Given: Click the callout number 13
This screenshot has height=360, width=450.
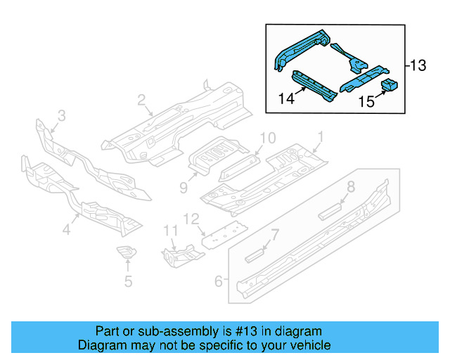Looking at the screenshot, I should tap(418, 66).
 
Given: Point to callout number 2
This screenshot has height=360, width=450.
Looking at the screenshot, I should tap(141, 100).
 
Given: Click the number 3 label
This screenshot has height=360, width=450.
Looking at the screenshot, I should tap(61, 115).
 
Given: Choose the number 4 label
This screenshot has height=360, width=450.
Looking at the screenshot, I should tap(66, 229).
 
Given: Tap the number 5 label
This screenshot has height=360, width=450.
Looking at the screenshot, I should tap(127, 283).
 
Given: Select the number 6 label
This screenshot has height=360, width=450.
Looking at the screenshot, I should tap(219, 281).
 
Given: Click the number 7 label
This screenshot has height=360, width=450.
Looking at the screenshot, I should tap(276, 233).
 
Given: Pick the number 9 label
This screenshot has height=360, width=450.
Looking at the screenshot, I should tap(184, 187).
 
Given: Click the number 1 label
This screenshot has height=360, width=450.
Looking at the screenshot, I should tap(321, 136).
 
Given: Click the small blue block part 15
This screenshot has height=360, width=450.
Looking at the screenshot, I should tap(389, 86).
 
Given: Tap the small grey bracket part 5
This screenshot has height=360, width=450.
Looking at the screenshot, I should tap(125, 252).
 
